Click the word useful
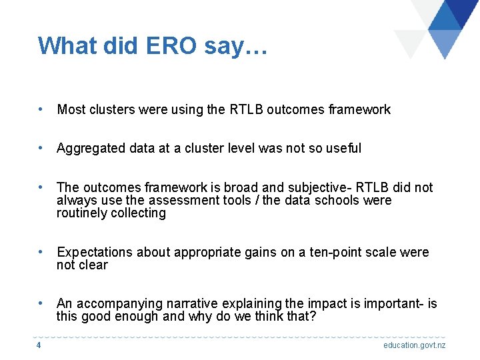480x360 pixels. [343, 148]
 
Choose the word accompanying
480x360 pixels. [118, 304]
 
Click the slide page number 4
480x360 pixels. [39, 345]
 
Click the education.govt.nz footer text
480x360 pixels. [414, 345]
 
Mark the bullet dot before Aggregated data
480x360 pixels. [41, 148]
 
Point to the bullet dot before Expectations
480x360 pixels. [41, 252]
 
